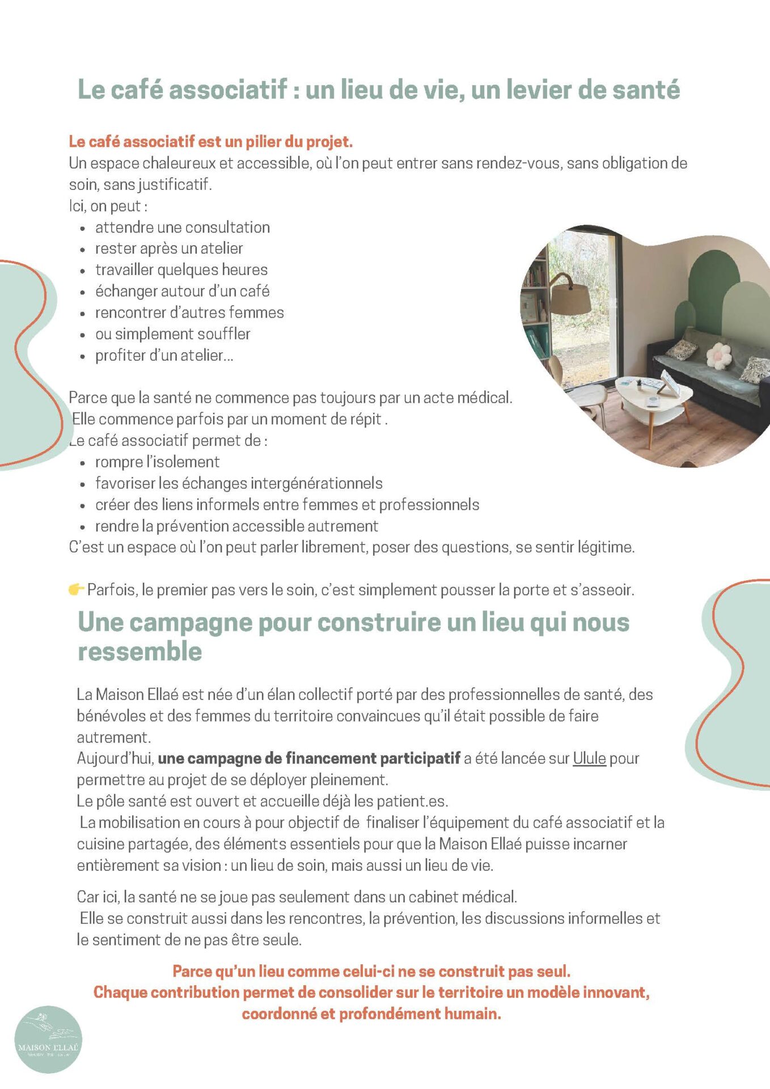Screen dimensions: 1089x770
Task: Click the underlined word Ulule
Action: point(589,758)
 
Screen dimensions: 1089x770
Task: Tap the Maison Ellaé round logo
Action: point(48,1040)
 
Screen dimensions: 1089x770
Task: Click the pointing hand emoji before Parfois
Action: point(76,590)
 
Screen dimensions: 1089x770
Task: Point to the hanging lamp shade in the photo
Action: point(570,298)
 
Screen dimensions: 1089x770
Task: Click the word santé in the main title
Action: point(648,90)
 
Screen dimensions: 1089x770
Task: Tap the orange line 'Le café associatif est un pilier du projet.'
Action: point(210,141)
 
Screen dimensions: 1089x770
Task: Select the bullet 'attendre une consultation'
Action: point(182,227)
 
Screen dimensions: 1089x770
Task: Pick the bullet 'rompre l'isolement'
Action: point(157,462)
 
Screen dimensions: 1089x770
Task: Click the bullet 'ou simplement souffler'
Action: point(172,334)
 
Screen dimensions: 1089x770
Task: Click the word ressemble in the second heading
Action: point(139,652)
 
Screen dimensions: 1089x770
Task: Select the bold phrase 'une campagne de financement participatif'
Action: point(308,758)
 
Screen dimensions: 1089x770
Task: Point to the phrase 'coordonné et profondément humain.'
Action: point(371,1014)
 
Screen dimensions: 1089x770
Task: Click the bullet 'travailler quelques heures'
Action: point(181,270)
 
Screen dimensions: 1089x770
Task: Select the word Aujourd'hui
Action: point(115,758)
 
